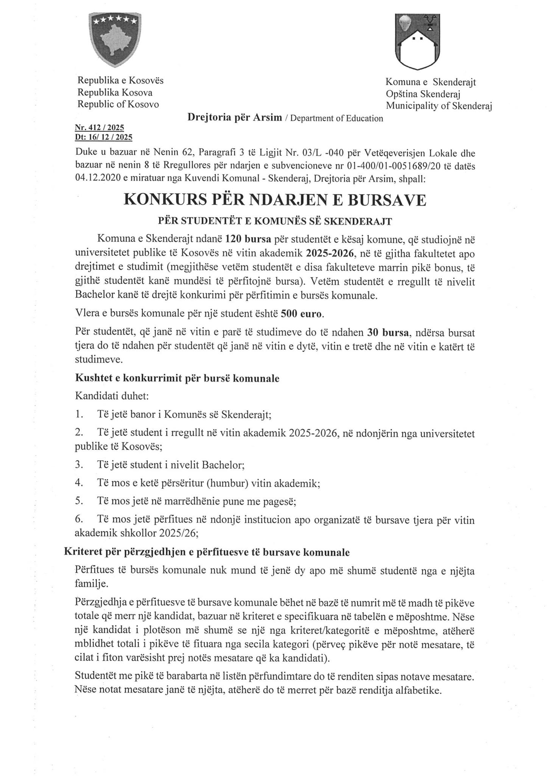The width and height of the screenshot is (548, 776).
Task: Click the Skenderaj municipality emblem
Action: point(417,42)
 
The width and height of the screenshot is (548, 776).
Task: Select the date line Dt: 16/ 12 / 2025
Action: point(104,138)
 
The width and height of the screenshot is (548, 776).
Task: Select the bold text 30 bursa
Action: point(389,333)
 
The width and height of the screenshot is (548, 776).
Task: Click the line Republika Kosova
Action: point(115,92)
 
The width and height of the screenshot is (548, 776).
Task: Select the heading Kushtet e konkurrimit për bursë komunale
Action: point(177,378)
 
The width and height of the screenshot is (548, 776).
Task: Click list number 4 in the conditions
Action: point(79,483)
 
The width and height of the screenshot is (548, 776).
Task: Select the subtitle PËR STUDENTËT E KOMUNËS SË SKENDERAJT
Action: point(274,221)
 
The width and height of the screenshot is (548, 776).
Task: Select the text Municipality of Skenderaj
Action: point(438,106)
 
